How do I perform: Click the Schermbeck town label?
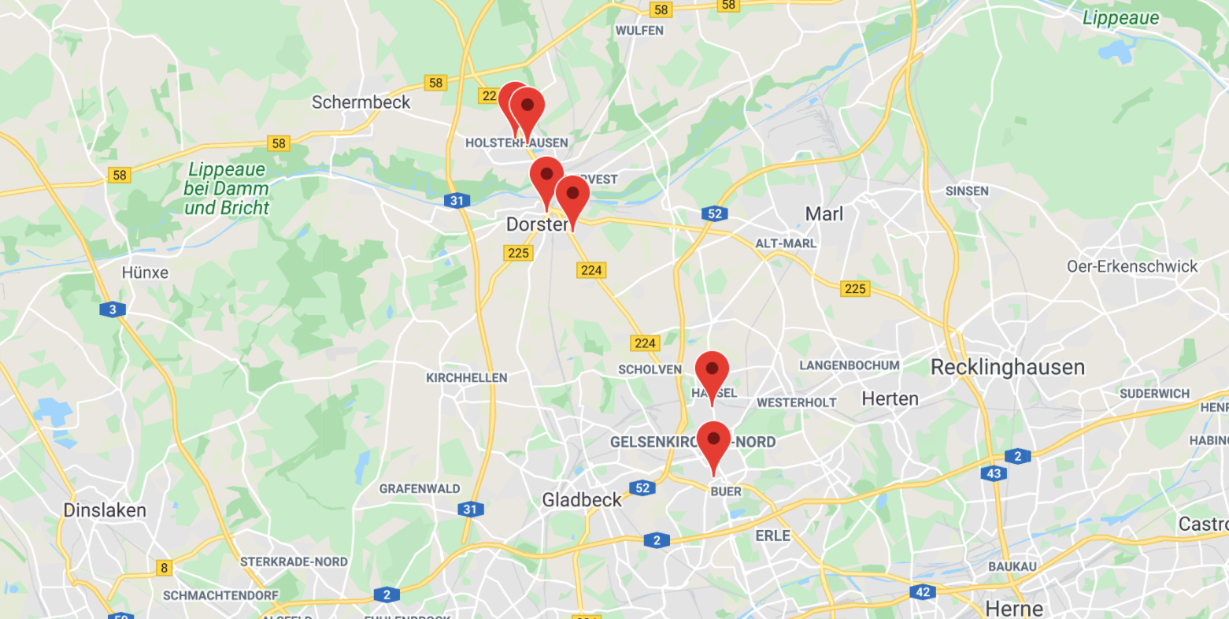click(x=361, y=102)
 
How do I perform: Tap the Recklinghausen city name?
click(x=1007, y=367)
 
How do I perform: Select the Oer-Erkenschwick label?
click(x=1131, y=266)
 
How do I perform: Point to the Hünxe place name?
click(x=145, y=272)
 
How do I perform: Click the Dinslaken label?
click(x=105, y=510)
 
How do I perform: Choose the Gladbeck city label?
click(x=582, y=499)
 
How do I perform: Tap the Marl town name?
click(x=824, y=214)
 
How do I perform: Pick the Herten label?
click(x=890, y=399)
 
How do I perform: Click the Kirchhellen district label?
click(x=466, y=378)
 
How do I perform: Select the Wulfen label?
click(x=639, y=31)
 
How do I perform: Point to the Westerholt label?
click(x=796, y=402)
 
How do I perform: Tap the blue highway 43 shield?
click(x=994, y=473)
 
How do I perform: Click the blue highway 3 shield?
click(x=113, y=309)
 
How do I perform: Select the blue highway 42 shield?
click(x=923, y=591)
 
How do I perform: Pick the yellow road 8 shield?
click(x=164, y=568)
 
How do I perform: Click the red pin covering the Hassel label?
click(x=712, y=370)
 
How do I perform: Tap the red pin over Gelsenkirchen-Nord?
click(x=713, y=440)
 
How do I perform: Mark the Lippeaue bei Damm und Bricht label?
click(x=227, y=189)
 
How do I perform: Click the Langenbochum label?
click(x=849, y=365)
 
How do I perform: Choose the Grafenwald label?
click(x=419, y=489)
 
